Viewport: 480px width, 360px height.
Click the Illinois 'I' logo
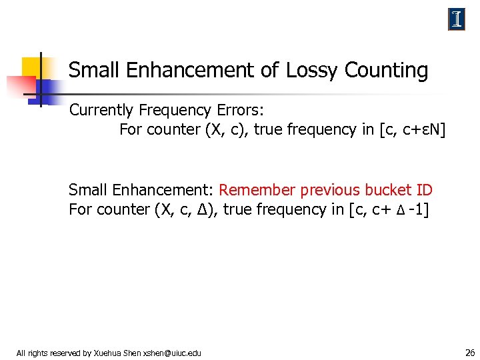point(456,20)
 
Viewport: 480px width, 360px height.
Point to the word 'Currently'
point(101,110)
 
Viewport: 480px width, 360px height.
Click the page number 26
point(469,352)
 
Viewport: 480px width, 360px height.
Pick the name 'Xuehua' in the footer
point(109,353)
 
